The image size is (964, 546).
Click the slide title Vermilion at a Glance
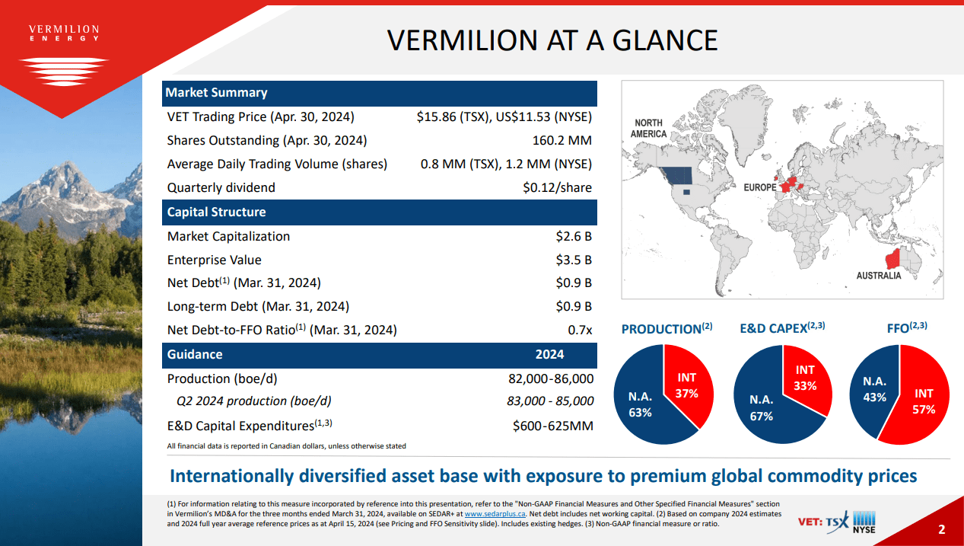coord(552,40)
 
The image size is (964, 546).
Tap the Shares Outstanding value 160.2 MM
coord(562,141)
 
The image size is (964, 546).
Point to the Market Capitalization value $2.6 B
coord(574,236)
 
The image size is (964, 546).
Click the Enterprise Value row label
coord(215,260)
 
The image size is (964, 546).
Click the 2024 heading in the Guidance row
coord(550,354)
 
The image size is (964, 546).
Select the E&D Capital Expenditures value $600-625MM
coord(553,426)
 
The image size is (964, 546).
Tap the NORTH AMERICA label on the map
coord(648,129)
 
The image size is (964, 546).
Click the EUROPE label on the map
coord(760,187)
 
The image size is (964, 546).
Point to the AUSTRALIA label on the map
coord(878,276)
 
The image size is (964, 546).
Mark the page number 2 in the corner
coord(941,530)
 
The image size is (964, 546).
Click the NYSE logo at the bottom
coord(864,522)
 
